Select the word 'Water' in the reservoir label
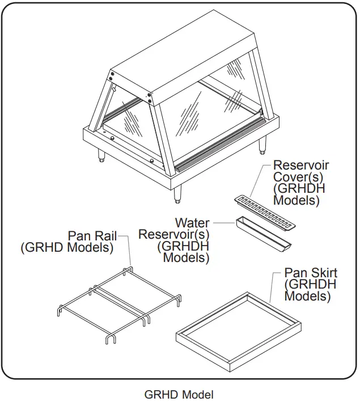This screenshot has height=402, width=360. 192,223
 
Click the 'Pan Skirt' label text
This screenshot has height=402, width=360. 310,273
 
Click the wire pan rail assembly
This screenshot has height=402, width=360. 119,303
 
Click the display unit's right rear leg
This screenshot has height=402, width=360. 262,146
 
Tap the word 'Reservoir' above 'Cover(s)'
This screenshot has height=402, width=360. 300,165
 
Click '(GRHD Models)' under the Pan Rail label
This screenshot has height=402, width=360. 67,247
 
